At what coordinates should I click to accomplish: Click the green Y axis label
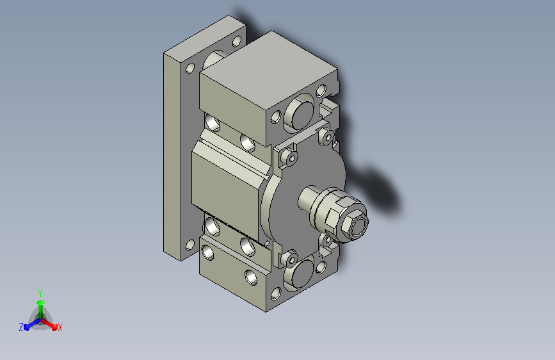click(x=40, y=293)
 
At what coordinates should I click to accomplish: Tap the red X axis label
click(x=60, y=327)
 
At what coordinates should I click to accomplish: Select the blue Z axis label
click(x=21, y=327)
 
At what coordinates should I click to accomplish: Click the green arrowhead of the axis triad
click(x=41, y=302)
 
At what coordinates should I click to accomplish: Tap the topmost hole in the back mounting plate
click(x=237, y=41)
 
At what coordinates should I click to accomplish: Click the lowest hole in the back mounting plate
click(x=190, y=245)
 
